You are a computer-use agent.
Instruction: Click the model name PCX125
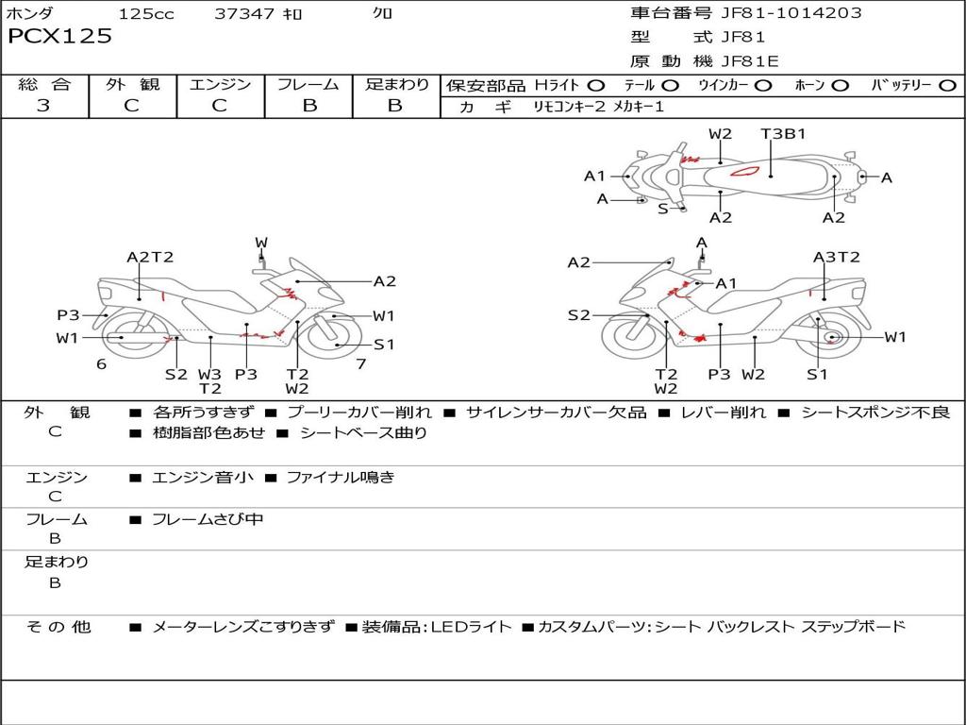tap(59, 37)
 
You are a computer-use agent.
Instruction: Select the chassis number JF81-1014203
tap(777, 13)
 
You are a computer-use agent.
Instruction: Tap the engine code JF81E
tap(749, 62)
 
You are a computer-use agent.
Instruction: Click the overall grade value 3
tap(43, 106)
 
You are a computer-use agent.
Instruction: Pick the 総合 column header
tap(43, 84)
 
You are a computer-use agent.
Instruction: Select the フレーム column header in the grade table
tap(308, 84)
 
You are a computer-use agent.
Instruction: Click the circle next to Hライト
tap(596, 85)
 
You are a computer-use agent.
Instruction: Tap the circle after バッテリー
tap(947, 85)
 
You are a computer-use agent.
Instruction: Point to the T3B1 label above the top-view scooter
tap(784, 134)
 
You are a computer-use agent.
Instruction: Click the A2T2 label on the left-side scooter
tap(150, 257)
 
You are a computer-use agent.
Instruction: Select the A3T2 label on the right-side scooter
tap(837, 257)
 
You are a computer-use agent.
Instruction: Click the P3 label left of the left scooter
tap(68, 315)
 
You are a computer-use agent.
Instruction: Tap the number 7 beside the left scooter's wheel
tap(360, 363)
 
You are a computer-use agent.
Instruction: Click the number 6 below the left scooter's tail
tap(101, 363)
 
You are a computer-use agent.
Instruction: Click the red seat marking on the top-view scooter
tap(745, 173)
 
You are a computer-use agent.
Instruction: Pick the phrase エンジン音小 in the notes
tap(203, 478)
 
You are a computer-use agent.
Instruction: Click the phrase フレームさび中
tap(208, 519)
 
